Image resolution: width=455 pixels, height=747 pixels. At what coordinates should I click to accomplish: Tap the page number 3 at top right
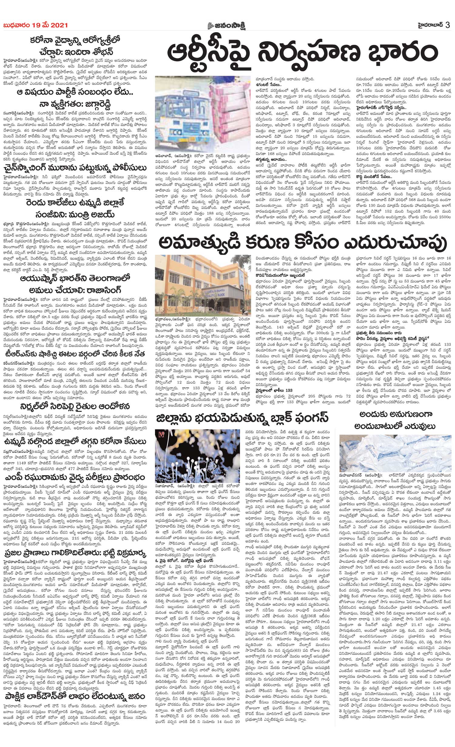tap(448, 25)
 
